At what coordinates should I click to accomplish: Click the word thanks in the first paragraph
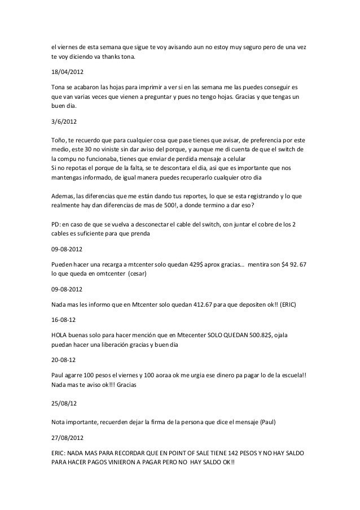108,57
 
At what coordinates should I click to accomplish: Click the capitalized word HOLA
60,333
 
